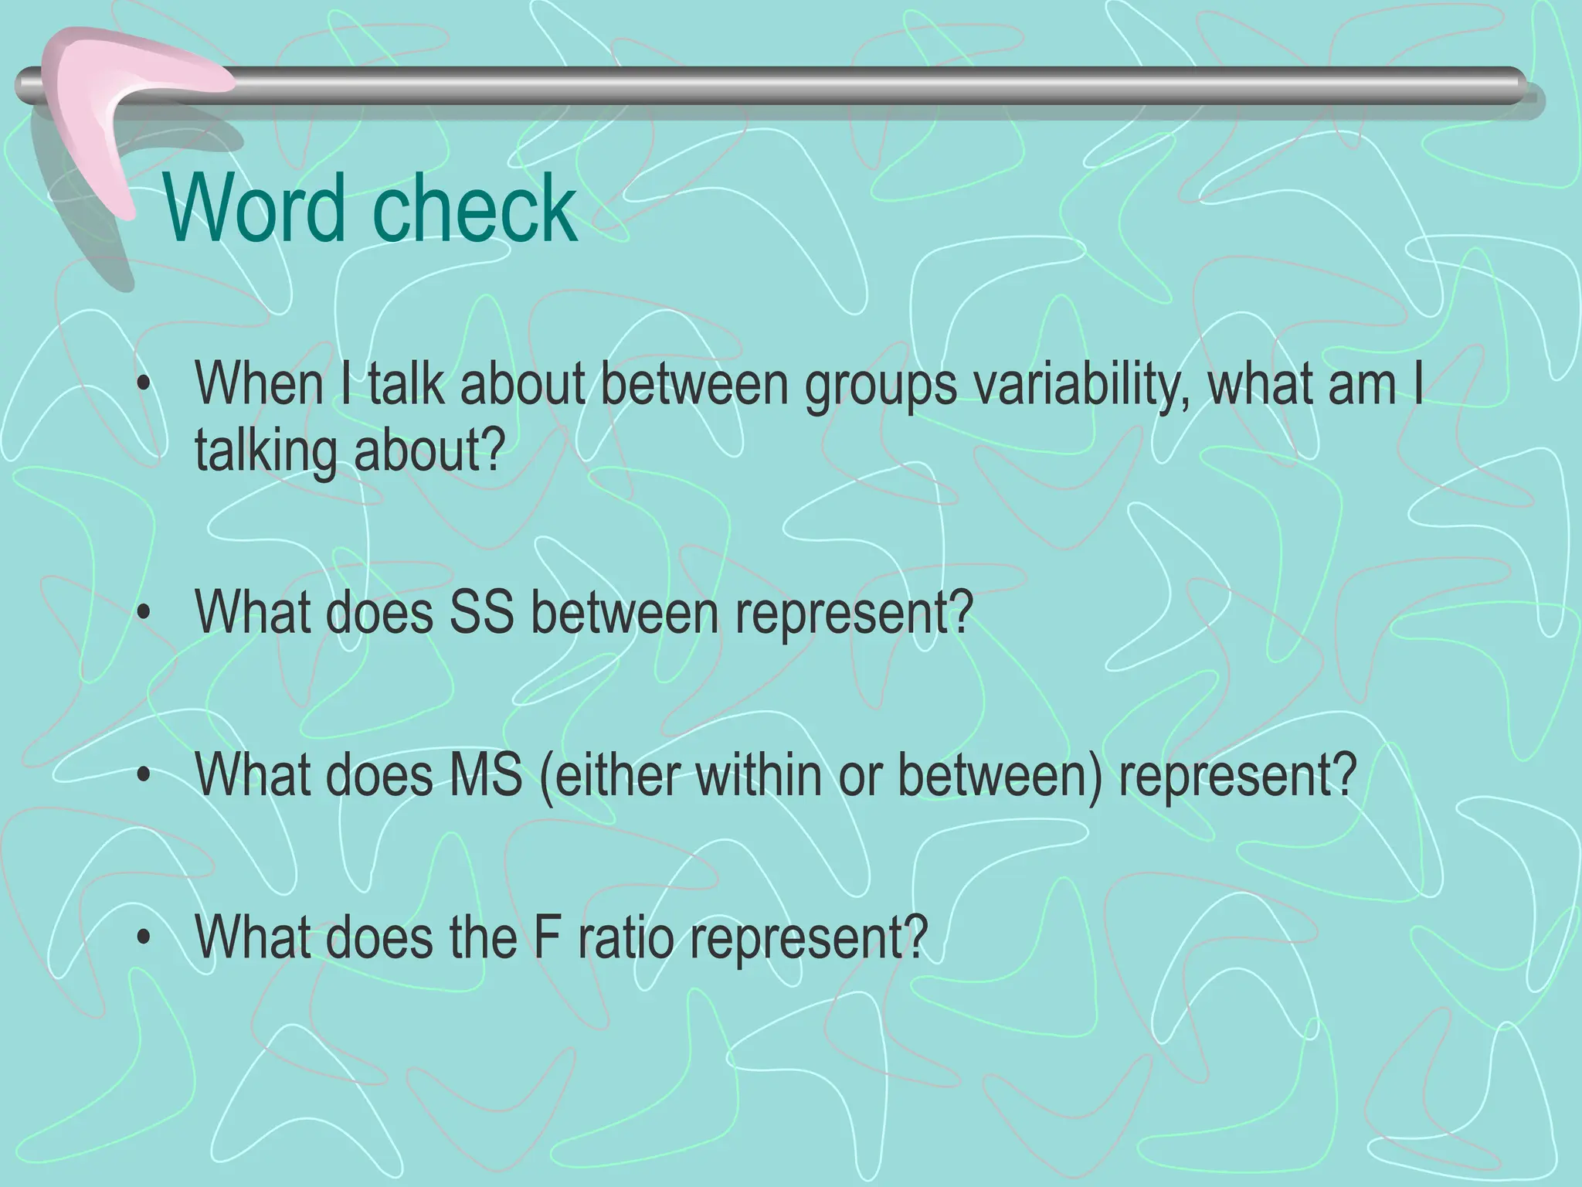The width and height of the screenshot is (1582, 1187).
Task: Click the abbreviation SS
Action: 481,612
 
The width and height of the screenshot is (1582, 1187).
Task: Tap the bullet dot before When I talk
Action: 142,386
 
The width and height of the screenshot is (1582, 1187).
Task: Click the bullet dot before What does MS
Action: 142,776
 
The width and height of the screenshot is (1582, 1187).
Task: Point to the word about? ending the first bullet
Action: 429,451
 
